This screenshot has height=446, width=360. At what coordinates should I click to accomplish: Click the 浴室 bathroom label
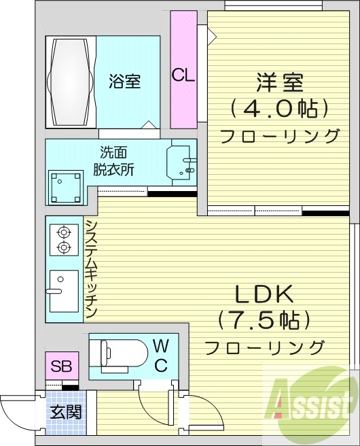125,82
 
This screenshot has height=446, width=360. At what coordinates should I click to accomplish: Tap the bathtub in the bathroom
71,82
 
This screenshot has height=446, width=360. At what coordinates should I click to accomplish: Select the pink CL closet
183,70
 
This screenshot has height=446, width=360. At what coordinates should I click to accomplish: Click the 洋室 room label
279,84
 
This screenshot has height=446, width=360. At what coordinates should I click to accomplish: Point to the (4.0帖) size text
279,108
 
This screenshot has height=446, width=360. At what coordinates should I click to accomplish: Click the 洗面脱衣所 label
113,160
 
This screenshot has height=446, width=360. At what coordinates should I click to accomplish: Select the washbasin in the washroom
181,163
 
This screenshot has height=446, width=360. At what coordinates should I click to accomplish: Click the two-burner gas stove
64,239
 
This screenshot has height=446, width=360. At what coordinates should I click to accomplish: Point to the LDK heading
264,294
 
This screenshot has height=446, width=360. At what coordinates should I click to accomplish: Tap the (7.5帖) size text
264,320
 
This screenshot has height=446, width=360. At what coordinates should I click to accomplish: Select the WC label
161,355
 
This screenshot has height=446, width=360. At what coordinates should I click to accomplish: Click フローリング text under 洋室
279,135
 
